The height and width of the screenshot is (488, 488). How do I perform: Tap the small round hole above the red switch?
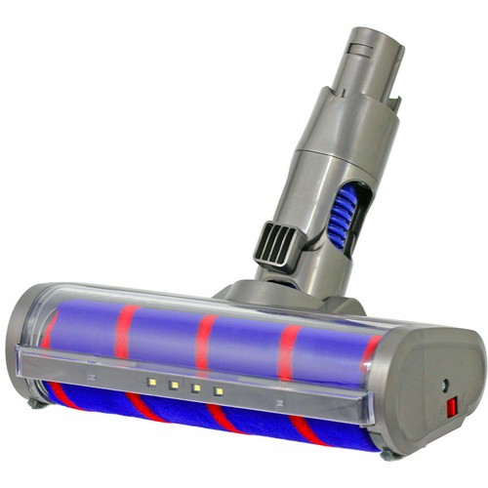pos(445,386)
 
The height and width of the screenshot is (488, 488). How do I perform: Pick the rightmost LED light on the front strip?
pos(219,391)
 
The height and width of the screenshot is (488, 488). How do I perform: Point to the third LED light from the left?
pos(196,387)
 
